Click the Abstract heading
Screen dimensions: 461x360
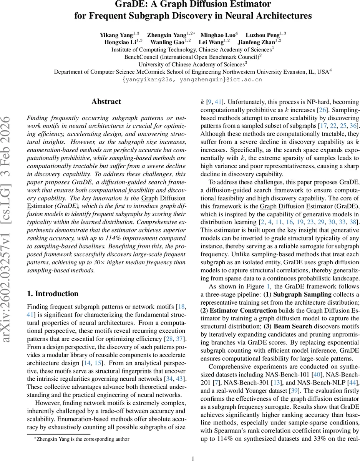(106, 102)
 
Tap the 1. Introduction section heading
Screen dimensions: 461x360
(53, 283)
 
